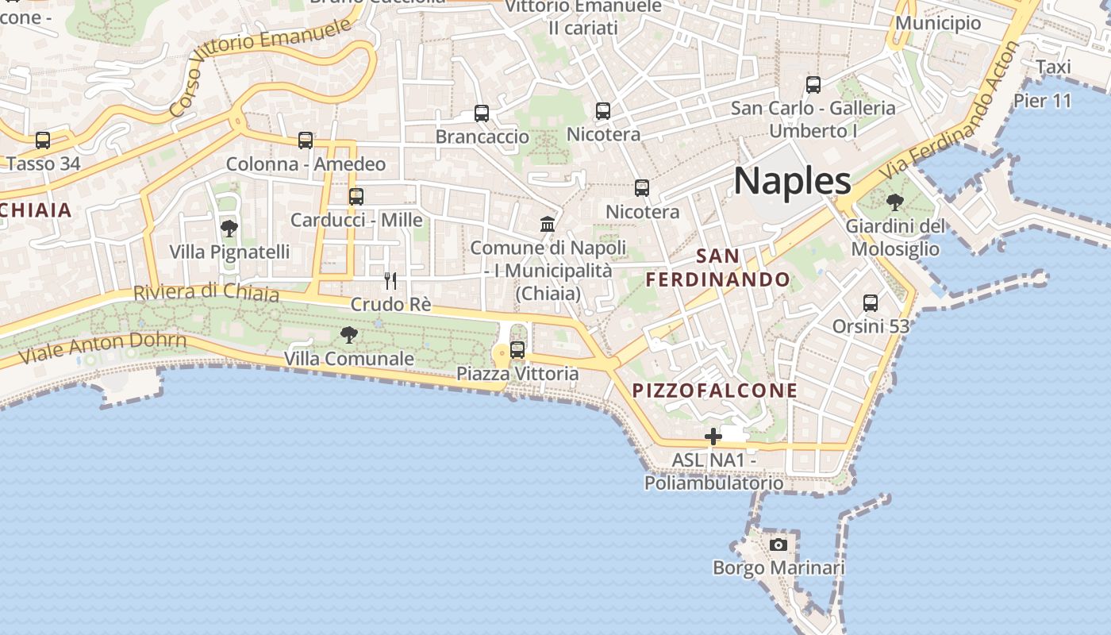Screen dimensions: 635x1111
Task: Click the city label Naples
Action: pyautogui.click(x=792, y=181)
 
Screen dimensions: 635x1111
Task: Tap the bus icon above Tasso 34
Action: pyautogui.click(x=43, y=140)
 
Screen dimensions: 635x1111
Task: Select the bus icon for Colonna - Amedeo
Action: pyautogui.click(x=306, y=140)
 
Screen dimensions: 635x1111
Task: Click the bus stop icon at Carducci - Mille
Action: pyautogui.click(x=356, y=196)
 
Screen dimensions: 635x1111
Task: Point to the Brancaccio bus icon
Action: pyautogui.click(x=482, y=113)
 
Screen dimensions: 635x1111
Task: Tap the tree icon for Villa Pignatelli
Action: pyautogui.click(x=229, y=229)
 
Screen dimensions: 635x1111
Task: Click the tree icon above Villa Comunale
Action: pyautogui.click(x=348, y=335)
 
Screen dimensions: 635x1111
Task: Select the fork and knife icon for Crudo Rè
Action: pyautogui.click(x=390, y=280)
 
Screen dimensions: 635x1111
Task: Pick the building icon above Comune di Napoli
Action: pyautogui.click(x=548, y=224)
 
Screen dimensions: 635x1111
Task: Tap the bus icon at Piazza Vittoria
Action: pyautogui.click(x=517, y=349)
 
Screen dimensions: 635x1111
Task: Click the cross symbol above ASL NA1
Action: pyautogui.click(x=713, y=436)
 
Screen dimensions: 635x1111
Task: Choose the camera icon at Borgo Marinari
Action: pyautogui.click(x=778, y=545)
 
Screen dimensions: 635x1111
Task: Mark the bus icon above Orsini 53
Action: pyautogui.click(x=871, y=302)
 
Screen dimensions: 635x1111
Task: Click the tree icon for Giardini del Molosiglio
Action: pyautogui.click(x=895, y=202)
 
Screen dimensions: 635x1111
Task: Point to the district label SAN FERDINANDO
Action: pyautogui.click(x=718, y=267)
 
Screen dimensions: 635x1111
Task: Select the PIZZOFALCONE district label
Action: pyautogui.click(x=715, y=391)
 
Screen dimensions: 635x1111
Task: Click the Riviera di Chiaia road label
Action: pyautogui.click(x=206, y=293)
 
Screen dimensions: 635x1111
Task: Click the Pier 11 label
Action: pyautogui.click(x=1042, y=101)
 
